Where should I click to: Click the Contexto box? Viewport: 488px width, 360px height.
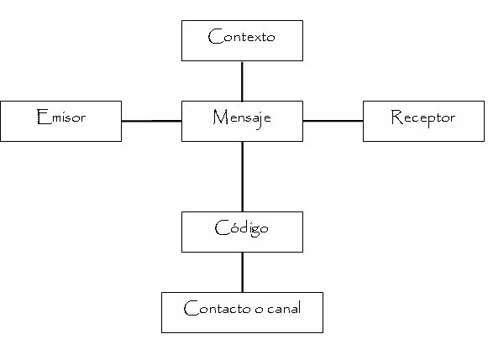pos(242,40)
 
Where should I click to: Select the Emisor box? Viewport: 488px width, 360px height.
pos(60,121)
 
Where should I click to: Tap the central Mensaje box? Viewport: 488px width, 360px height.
pos(242,121)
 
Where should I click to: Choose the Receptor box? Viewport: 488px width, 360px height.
pos(423,121)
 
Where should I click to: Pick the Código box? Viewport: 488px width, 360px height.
pos(242,232)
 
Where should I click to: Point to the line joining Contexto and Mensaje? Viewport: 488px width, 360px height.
pos(242,81)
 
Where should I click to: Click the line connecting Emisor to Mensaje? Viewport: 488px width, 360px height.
pos(151,121)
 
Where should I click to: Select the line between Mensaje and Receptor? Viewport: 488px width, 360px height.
pos(333,121)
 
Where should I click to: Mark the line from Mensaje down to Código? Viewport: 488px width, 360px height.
pos(242,176)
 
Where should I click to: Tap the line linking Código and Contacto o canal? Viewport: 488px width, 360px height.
pos(242,272)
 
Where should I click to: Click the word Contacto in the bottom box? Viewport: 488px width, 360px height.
pos(215,309)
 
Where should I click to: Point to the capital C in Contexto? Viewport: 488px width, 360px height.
pos(213,37)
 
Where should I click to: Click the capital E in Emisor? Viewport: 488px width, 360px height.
pos(41,117)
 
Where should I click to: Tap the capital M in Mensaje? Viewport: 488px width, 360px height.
pos(218,117)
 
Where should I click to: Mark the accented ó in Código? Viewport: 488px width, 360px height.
pos(231,227)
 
